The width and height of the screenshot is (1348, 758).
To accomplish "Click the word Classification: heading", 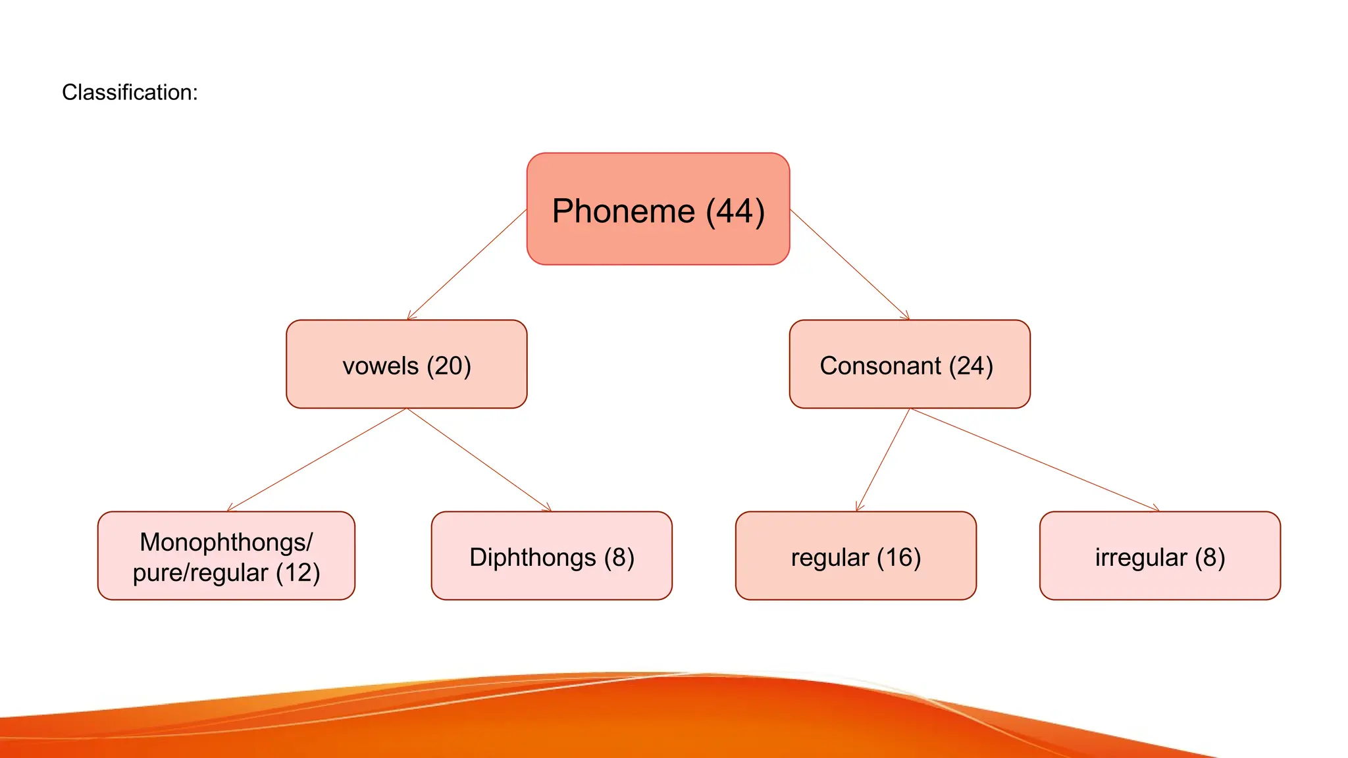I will click(x=130, y=92).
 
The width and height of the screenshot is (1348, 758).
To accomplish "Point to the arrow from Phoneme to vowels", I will click(x=467, y=265).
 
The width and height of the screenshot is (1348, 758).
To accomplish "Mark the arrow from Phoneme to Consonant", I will click(x=850, y=265).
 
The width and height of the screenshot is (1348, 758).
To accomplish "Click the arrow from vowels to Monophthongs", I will click(x=317, y=460).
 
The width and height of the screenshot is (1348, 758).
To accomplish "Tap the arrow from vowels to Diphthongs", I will click(x=479, y=460).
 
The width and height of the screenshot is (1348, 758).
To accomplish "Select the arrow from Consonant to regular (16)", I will click(x=883, y=460).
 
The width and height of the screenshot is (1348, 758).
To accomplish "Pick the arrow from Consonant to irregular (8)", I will click(x=1034, y=460).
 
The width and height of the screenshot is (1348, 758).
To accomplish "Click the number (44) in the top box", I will click(x=735, y=212).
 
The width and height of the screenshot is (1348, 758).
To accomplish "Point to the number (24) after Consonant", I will click(x=970, y=366).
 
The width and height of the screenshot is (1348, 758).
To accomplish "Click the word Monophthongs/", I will click(x=226, y=542).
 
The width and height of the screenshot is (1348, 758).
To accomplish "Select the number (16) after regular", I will click(x=898, y=557).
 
